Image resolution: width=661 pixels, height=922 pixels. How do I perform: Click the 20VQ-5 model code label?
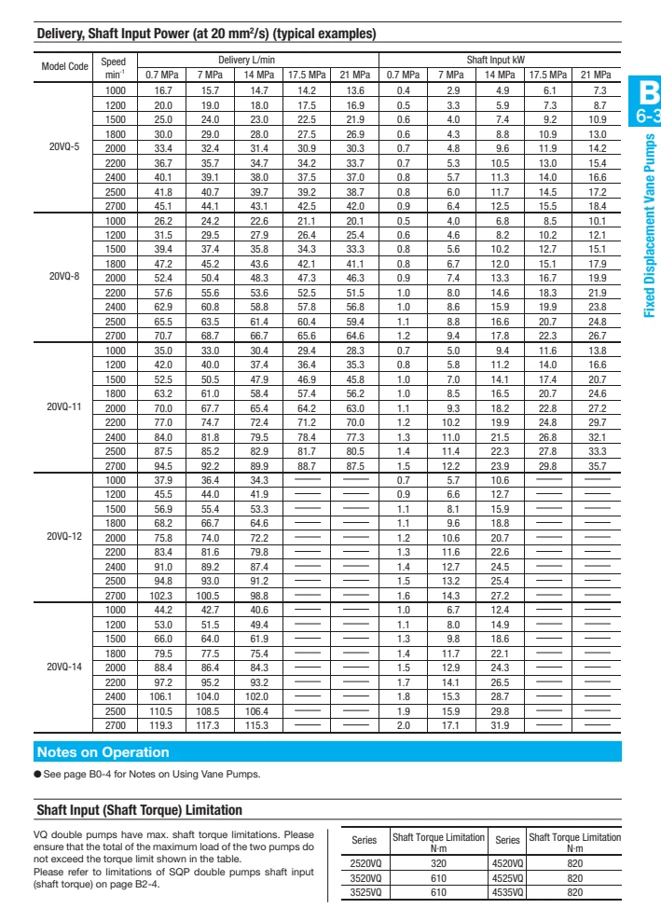click(x=64, y=147)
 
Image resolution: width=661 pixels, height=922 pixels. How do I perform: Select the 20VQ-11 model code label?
click(x=64, y=407)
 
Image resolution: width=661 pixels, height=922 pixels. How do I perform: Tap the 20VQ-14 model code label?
click(x=64, y=667)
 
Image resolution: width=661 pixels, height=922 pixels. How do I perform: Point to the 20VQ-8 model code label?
click(x=64, y=277)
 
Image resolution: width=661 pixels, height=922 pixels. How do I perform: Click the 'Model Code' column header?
click(x=64, y=67)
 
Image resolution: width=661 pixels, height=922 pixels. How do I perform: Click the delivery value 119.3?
click(x=163, y=724)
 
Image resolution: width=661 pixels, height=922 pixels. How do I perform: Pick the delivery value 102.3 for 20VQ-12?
click(x=163, y=595)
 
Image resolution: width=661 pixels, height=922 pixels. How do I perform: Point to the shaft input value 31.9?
click(x=500, y=724)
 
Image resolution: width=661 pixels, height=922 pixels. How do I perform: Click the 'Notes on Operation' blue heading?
click(x=103, y=752)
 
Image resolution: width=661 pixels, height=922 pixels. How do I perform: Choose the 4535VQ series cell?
click(x=507, y=892)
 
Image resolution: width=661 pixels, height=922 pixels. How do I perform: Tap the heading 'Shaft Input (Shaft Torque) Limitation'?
click(x=139, y=811)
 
